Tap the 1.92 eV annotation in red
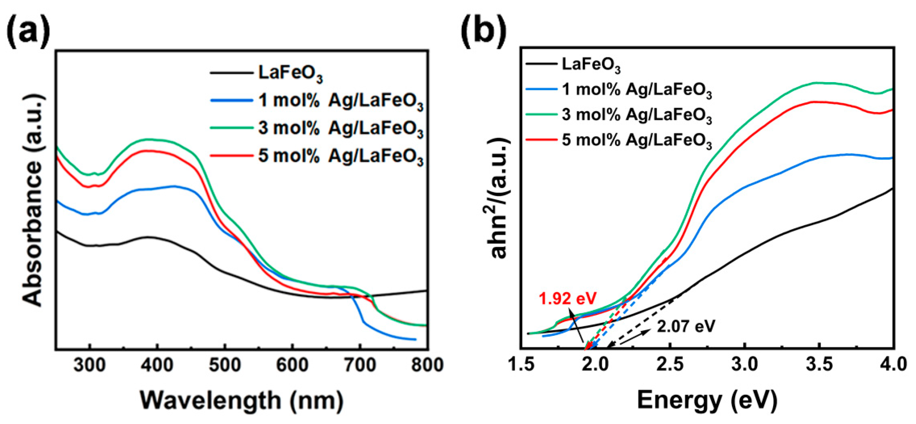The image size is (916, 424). point(568,298)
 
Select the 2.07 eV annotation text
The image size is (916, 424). point(686,326)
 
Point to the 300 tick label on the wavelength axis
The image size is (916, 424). point(90,365)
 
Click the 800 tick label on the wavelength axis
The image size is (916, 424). point(427,365)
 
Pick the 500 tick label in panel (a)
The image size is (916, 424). point(225,365)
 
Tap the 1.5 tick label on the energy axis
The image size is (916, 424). point(522,365)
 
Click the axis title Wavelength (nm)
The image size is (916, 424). point(242,400)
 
